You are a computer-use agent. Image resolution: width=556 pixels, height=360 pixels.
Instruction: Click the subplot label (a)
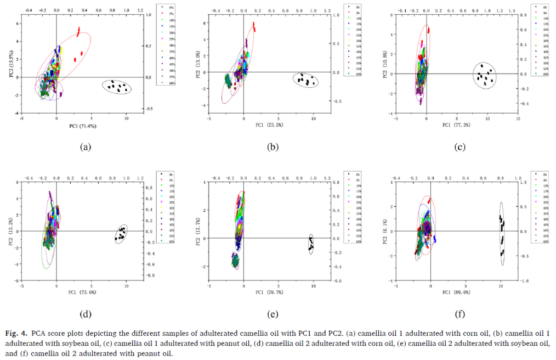tap(85, 147)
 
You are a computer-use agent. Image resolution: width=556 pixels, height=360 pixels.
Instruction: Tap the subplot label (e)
tap(272, 314)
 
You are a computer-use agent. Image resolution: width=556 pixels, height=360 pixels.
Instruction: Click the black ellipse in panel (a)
tap(117, 87)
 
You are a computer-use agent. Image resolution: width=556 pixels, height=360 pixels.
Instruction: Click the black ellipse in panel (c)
tap(484, 75)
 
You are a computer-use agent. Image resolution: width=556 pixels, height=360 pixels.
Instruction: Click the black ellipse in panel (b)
tap(305, 80)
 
